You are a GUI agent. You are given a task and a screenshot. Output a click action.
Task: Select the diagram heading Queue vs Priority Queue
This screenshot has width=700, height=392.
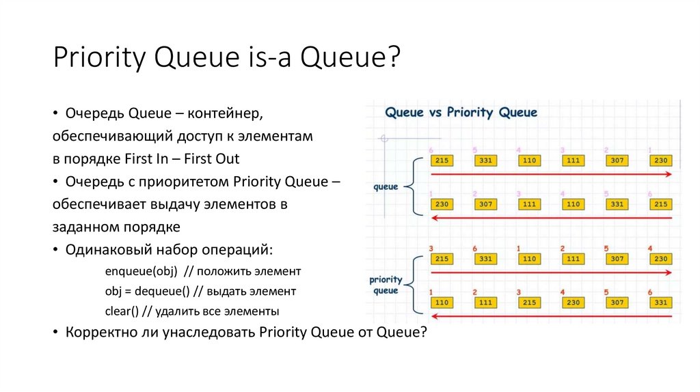tap(461, 113)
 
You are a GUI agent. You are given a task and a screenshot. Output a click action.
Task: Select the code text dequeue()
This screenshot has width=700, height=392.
tap(161, 291)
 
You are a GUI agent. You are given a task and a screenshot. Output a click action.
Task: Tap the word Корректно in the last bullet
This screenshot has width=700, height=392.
tap(98, 332)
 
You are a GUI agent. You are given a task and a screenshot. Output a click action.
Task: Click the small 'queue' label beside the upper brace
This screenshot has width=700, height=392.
tap(386, 186)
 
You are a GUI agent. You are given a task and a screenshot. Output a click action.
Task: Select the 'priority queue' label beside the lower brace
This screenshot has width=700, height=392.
tap(386, 285)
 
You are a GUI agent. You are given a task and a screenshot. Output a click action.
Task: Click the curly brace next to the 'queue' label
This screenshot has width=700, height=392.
tap(411, 186)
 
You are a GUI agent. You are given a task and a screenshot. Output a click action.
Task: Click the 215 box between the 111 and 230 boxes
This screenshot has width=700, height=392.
tap(529, 303)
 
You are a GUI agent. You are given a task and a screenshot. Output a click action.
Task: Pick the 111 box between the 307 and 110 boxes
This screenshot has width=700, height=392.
tap(529, 204)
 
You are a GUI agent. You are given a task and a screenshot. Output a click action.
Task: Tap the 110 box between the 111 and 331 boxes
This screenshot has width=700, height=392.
tap(572, 204)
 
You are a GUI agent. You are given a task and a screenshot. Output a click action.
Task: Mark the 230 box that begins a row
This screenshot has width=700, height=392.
tap(442, 204)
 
